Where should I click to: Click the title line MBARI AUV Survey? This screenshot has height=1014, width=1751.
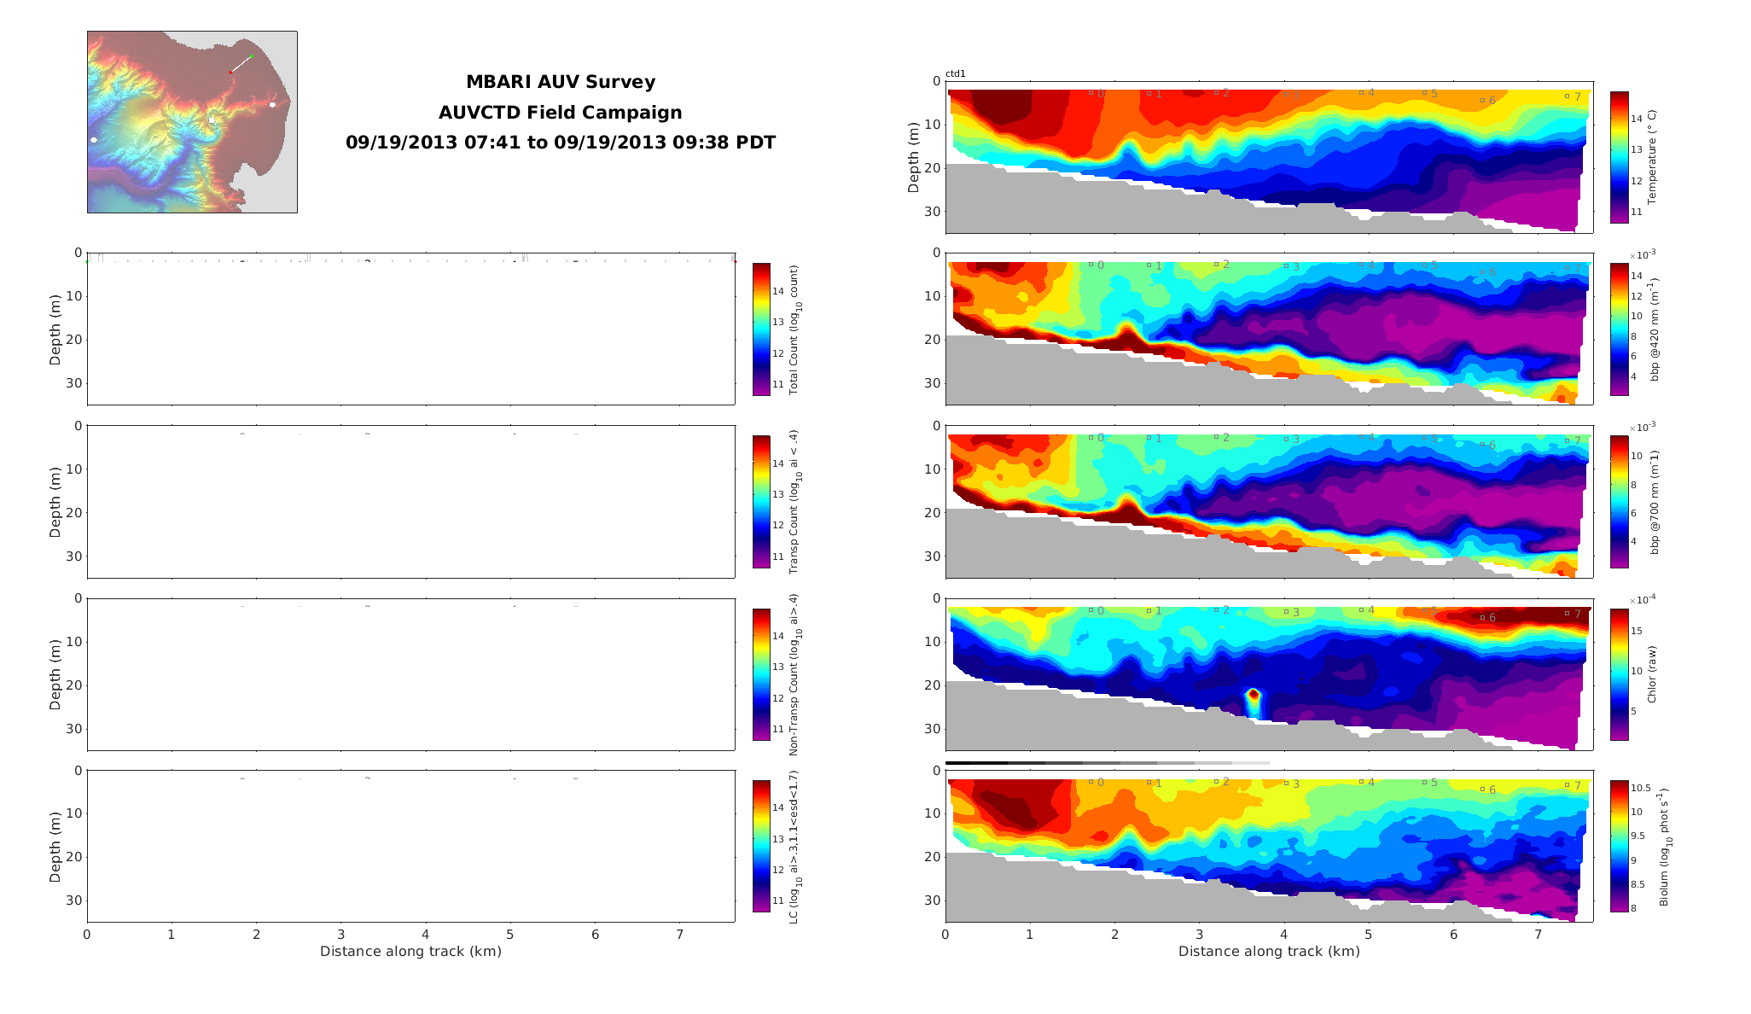click(560, 82)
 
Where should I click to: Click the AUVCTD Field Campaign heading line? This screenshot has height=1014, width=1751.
click(560, 113)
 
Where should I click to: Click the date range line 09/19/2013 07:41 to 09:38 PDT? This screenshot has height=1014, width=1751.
click(560, 143)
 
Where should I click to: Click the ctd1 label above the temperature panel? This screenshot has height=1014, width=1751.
click(956, 74)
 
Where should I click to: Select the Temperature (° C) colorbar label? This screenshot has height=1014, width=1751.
click(1651, 157)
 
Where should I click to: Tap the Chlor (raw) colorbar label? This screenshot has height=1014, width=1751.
click(1651, 674)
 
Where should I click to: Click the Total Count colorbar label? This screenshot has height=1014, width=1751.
click(794, 329)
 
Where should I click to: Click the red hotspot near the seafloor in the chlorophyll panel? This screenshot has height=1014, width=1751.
click(1254, 696)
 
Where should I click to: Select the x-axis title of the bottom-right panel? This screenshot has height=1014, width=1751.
click(1269, 951)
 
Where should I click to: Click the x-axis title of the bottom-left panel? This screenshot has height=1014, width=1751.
click(410, 951)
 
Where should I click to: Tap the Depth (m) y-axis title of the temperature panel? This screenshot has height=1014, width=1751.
click(914, 157)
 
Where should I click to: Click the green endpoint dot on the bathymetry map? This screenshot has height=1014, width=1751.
click(252, 56)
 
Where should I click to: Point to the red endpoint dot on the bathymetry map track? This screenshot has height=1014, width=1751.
click(230, 73)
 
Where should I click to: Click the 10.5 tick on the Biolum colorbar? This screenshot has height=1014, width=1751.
click(1640, 788)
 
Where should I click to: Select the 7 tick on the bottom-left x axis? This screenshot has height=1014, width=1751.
click(680, 935)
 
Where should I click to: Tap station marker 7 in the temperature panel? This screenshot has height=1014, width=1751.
click(1568, 96)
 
